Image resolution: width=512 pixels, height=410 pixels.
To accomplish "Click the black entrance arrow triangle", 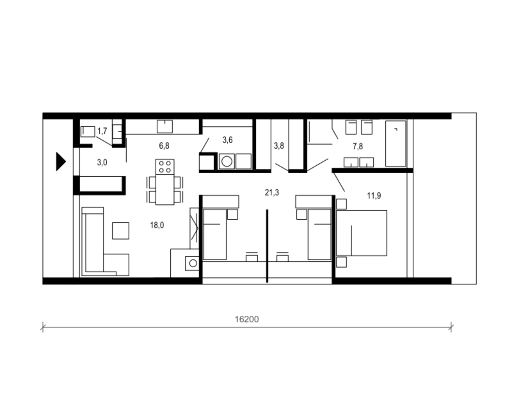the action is tap(60, 162).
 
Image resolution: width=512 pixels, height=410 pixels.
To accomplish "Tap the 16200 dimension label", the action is tap(247, 319).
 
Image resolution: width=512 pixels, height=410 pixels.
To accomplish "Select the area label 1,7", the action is tap(102, 131).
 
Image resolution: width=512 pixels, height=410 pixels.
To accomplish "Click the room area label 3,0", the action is tap(102, 163).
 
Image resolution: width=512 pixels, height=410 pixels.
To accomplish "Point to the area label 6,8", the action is tap(164, 146).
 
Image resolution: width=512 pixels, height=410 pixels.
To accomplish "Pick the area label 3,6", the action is tap(227, 140).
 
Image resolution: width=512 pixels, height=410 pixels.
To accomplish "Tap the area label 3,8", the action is tap(279, 146).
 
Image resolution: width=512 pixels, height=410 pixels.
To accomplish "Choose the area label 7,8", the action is tap(358, 146).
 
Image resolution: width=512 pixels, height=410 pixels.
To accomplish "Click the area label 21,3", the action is tap(272, 192).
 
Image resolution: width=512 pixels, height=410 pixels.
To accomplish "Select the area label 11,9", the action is tap(374, 195).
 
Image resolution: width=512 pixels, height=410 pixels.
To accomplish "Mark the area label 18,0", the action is tap(157, 225).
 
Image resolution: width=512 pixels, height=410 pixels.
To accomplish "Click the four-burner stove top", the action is tap(165, 167).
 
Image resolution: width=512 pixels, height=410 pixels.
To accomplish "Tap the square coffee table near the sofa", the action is tap(120, 231).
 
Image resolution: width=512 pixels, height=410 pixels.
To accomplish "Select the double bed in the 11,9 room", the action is tap(361, 233).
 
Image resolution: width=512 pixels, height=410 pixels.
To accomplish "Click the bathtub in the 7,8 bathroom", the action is tap(396, 143).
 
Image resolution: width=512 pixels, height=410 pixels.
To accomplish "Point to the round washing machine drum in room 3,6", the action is tap(227, 162).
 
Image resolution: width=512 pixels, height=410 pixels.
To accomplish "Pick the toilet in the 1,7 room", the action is tap(88, 132).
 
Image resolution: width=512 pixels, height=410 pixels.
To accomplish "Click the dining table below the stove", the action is tap(165, 190).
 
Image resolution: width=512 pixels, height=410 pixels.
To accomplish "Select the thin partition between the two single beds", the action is tap(267, 246).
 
